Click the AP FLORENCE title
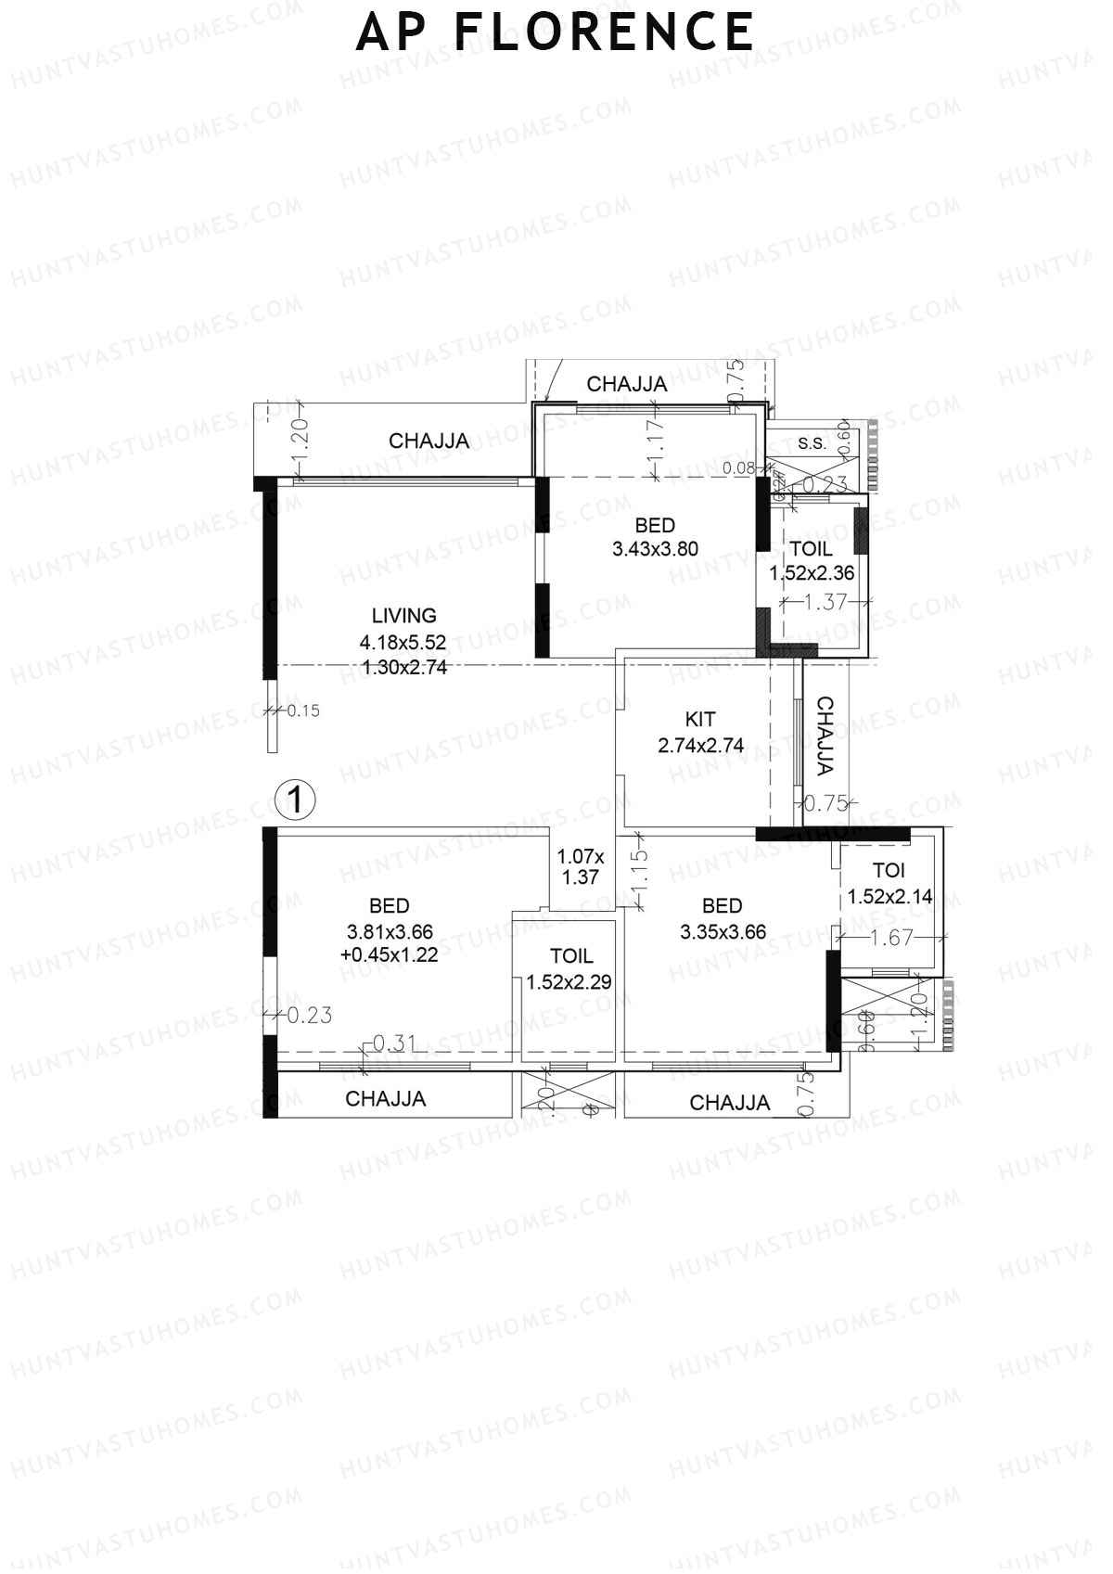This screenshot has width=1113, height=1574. tap(555, 32)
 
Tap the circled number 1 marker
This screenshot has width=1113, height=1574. tap(296, 799)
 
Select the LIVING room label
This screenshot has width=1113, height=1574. tap(403, 616)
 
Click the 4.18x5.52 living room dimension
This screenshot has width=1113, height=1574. tap(403, 642)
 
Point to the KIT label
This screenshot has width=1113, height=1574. tap(700, 719)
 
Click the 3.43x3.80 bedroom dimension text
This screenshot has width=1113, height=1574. tap(655, 549)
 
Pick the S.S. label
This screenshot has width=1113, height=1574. tap(812, 443)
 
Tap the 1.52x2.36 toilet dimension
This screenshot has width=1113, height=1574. tap(812, 574)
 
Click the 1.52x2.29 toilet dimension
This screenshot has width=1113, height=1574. tap(569, 982)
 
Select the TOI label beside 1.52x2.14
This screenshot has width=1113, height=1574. tap(889, 871)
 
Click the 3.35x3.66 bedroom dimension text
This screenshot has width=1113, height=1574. tap(723, 932)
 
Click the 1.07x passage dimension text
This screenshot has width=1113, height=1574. tap(580, 856)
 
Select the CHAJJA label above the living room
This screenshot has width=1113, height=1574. tap(429, 441)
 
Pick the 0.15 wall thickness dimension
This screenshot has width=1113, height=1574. tap(302, 711)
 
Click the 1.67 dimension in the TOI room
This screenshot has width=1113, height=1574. tap(892, 939)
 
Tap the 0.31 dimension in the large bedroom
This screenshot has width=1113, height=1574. tap(394, 1043)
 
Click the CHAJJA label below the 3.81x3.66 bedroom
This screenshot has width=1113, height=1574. tap(385, 1099)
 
